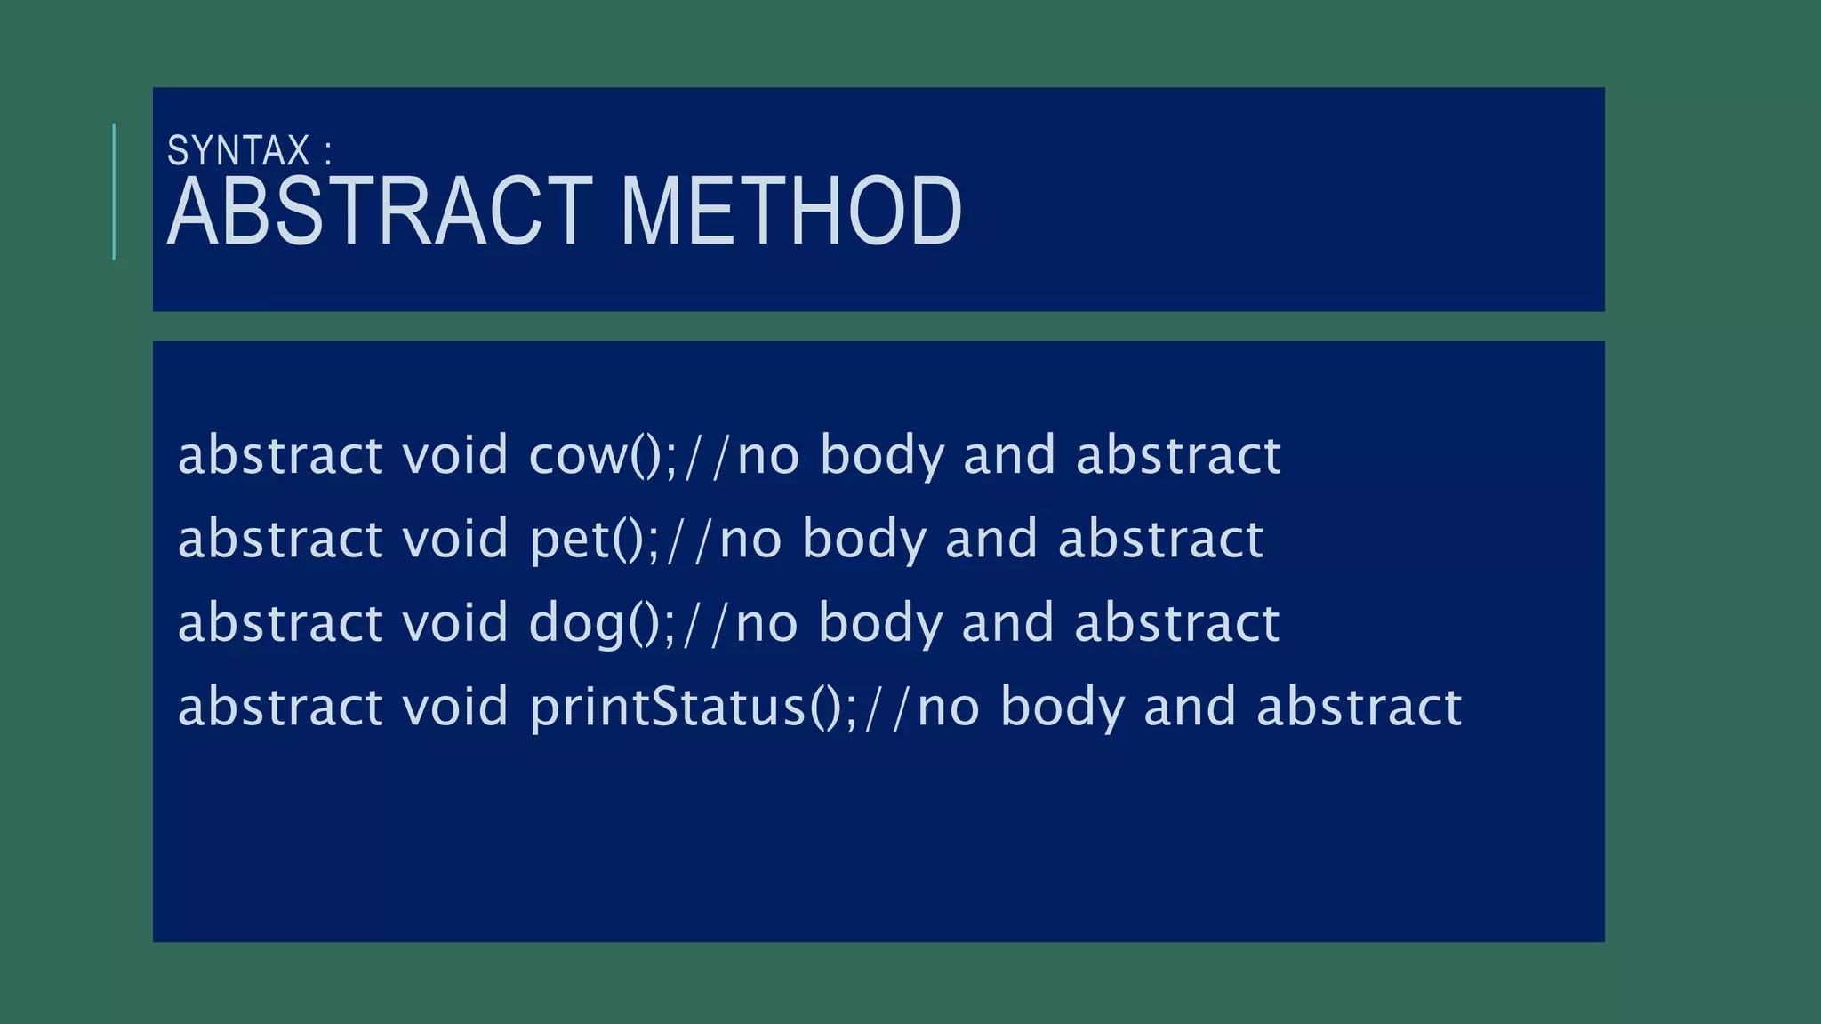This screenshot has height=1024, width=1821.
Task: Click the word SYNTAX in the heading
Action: [238, 151]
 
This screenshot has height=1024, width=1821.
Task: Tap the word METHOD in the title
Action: [790, 212]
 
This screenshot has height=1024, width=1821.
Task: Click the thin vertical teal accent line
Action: [114, 191]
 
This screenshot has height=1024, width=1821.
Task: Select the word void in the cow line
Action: [454, 456]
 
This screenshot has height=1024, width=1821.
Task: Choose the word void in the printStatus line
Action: [454, 708]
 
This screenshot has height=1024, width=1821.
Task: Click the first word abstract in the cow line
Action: [280, 456]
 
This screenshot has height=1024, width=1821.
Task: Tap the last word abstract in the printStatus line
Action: [1359, 708]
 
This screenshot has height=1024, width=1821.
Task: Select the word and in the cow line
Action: [1010, 456]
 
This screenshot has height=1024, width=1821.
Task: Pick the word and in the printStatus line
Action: [1190, 708]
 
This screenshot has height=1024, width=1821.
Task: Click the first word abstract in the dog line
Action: [280, 623]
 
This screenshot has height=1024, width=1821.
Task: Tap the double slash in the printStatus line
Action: [888, 708]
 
